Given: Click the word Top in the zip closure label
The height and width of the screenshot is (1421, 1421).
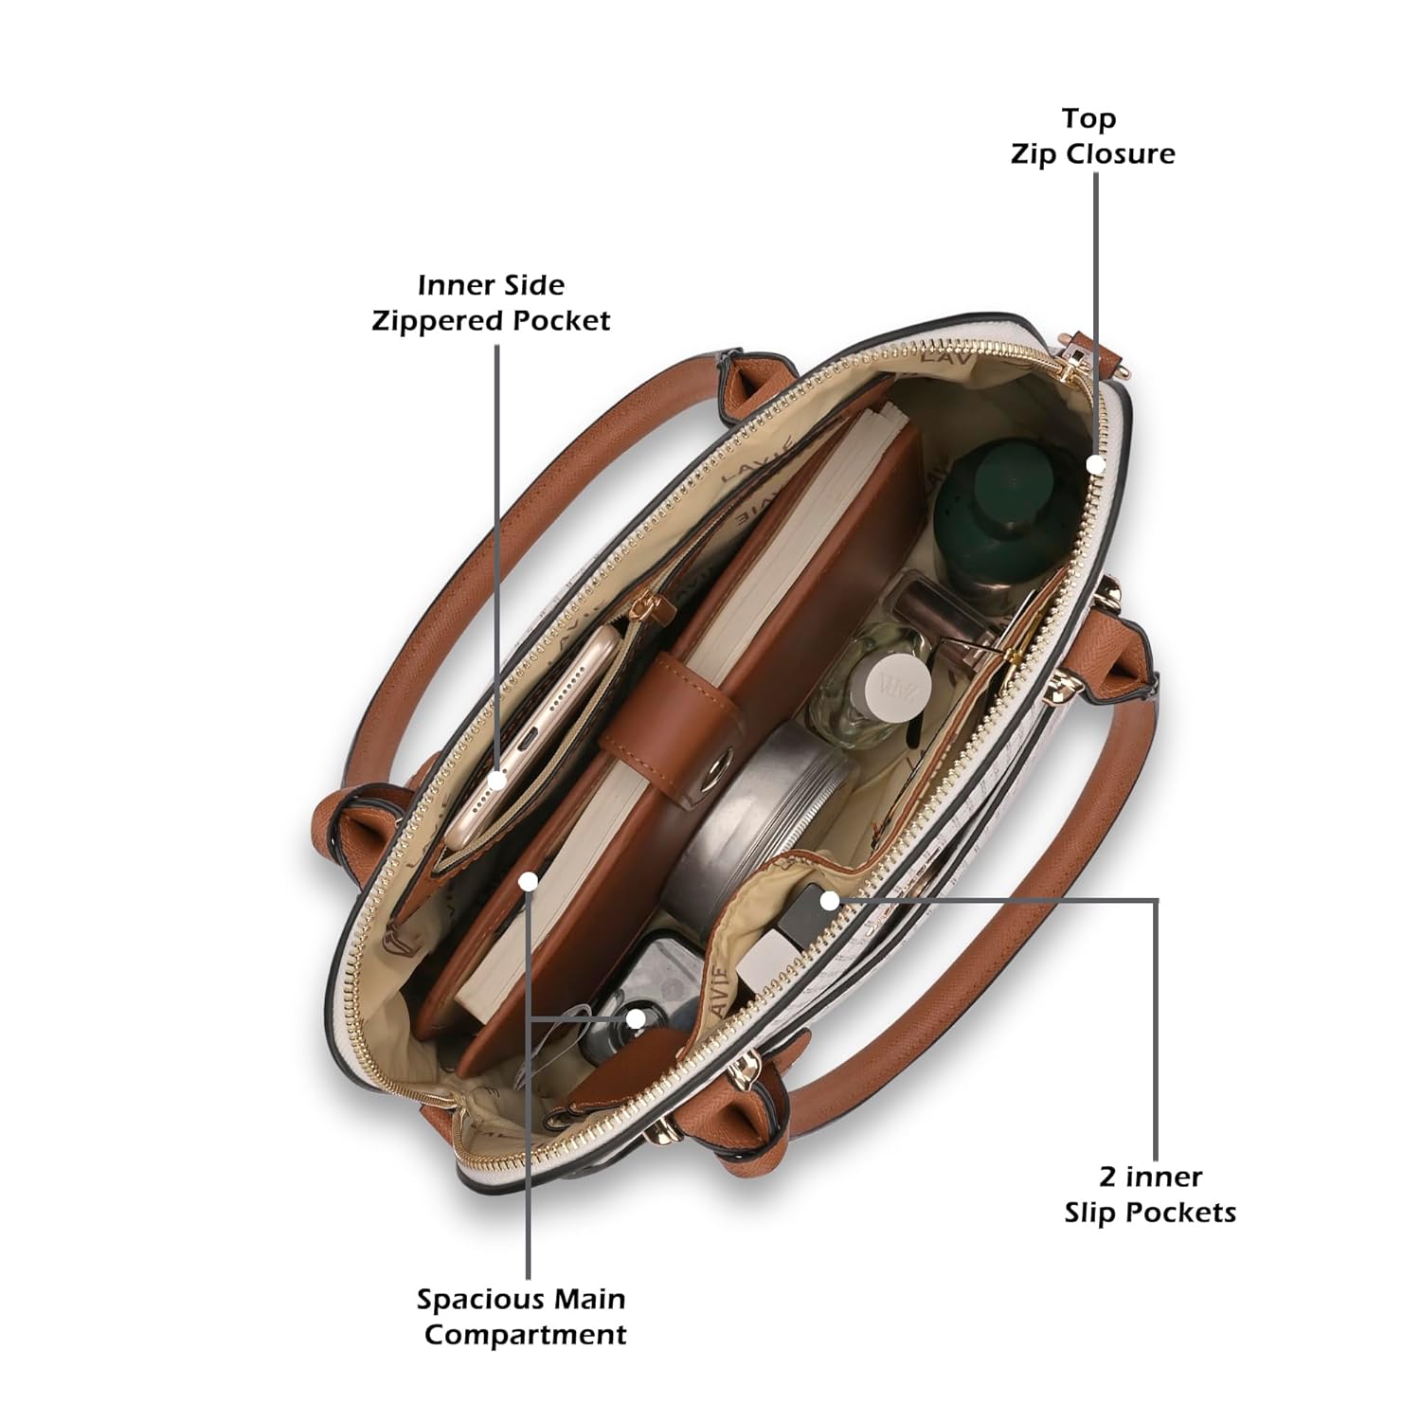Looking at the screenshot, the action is pyautogui.click(x=1088, y=119).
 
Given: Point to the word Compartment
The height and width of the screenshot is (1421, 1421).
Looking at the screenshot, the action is pyautogui.click(x=525, y=1335).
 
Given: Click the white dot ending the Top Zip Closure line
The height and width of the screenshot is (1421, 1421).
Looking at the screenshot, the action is pyautogui.click(x=1096, y=464).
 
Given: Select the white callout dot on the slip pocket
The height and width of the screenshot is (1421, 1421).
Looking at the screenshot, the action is pyautogui.click(x=830, y=901).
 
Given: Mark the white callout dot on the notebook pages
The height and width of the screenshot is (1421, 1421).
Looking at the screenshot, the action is pyautogui.click(x=529, y=881).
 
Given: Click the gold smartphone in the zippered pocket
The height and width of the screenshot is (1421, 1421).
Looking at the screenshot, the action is pyautogui.click(x=531, y=729).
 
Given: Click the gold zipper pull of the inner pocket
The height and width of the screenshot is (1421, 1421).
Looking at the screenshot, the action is pyautogui.click(x=647, y=603).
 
